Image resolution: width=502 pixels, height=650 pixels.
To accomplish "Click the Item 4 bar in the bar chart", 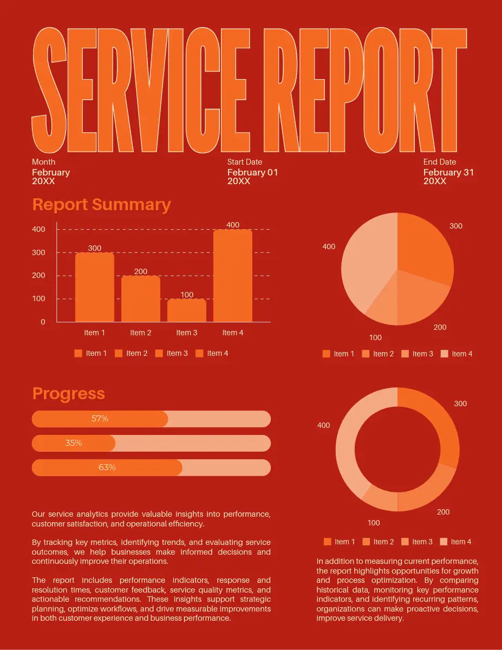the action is [233, 276].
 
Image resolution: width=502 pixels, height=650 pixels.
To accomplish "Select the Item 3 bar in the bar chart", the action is [187, 310].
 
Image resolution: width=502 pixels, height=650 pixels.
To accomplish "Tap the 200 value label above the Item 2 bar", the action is [140, 271].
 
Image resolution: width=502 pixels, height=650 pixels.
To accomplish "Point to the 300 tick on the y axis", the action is [38, 252].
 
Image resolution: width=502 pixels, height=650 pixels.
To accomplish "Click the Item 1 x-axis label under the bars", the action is [94, 333].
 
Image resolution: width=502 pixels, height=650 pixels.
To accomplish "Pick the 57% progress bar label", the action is [100, 419].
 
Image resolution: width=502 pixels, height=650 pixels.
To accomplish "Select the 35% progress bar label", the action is [74, 443].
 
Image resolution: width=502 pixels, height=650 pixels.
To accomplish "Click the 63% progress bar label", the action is [107, 467].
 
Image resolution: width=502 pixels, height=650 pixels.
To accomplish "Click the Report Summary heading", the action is [101, 205].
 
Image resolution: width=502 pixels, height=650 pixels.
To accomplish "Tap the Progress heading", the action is [68, 394].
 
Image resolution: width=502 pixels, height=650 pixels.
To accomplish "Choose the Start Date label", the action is [245, 162].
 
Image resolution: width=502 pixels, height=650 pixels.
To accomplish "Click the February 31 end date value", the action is [448, 172].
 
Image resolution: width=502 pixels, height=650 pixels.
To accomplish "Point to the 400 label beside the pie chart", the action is [329, 246].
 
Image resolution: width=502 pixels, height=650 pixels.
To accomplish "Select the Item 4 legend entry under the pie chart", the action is [457, 354].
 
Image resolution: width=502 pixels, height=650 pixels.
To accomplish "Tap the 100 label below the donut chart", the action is [374, 523].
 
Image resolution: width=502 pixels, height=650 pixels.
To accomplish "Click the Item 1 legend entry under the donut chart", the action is [340, 542].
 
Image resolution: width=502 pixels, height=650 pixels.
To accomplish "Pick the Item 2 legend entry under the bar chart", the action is [131, 353].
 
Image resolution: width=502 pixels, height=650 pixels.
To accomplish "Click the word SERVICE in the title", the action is [141, 90].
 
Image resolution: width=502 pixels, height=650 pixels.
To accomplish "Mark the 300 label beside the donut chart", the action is [460, 404].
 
